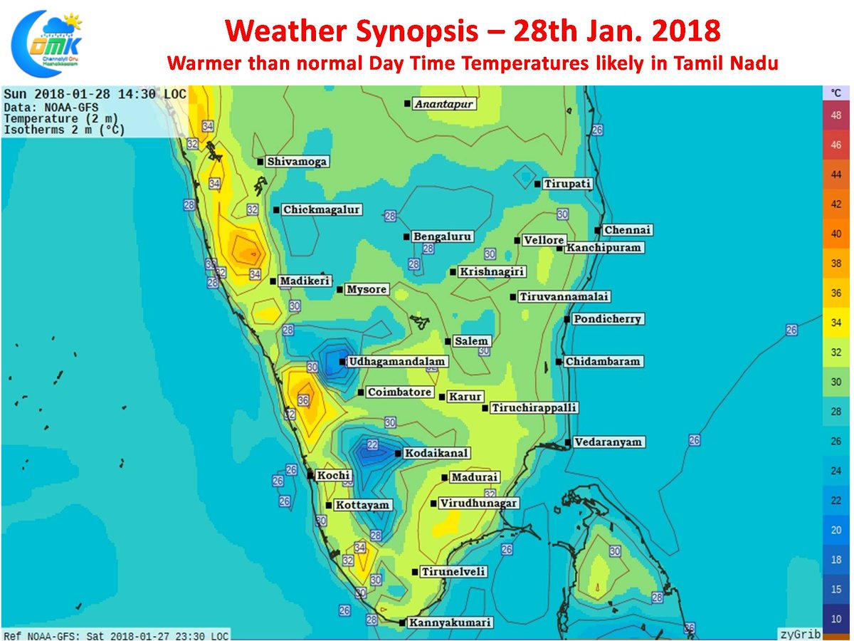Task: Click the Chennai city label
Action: coord(627,230)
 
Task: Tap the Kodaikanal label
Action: coord(436,453)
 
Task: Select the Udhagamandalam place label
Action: coord(396,362)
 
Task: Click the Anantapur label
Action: coord(444,104)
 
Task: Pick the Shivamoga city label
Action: coord(297,162)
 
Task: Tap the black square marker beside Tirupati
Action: coord(538,184)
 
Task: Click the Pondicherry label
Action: coord(607,319)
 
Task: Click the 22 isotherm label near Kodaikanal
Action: coord(372,444)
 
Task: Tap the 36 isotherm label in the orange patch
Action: coord(303,401)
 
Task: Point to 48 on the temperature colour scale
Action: coord(836,115)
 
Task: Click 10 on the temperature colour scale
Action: coord(836,619)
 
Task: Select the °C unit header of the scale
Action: coord(836,93)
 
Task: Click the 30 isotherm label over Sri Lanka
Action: coord(615,551)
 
